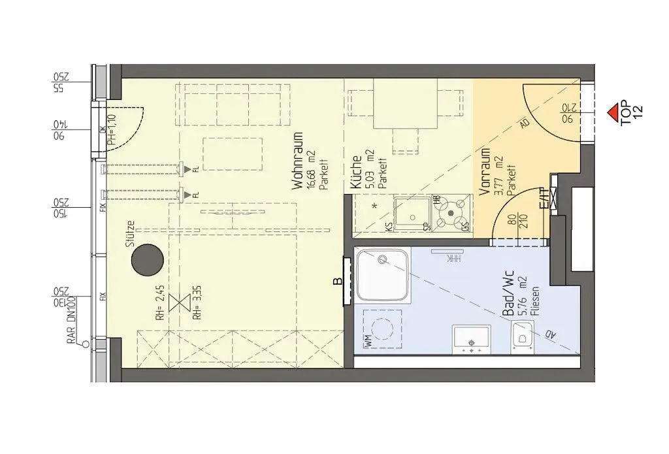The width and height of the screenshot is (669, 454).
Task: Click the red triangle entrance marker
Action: (613, 113)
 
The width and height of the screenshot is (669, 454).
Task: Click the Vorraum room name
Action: (485, 171)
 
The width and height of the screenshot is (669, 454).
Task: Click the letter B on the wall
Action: (338, 282)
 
